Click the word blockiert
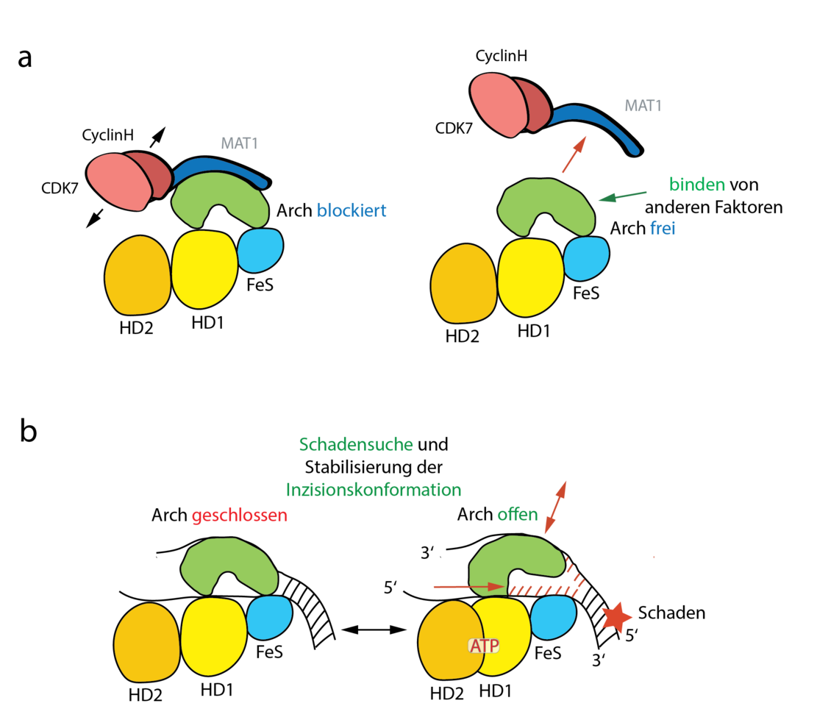click(352, 211)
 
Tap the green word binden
click(696, 185)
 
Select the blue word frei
click(662, 229)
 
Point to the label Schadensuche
click(356, 445)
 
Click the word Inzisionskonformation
click(374, 490)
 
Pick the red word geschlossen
click(240, 516)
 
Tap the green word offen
click(518, 515)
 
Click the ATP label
click(484, 646)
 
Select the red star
click(616, 618)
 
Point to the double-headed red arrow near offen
click(555, 507)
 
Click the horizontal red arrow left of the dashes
click(468, 587)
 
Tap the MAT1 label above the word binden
click(643, 106)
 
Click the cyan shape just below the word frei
click(586, 258)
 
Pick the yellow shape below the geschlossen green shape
click(214, 637)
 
